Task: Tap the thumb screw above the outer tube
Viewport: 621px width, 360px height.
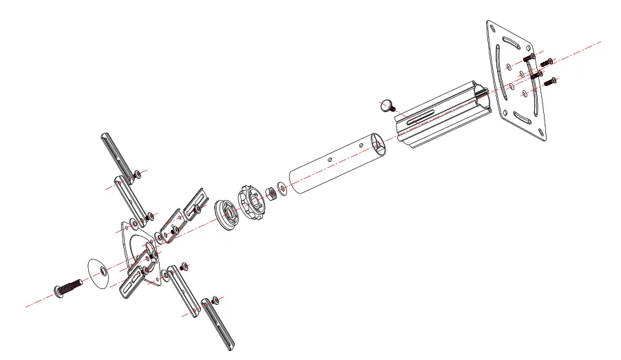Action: (388, 106)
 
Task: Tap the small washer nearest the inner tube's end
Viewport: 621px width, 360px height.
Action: (283, 187)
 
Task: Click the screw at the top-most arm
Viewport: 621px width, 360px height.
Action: (138, 173)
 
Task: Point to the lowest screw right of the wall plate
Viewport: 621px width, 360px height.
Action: (550, 83)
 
